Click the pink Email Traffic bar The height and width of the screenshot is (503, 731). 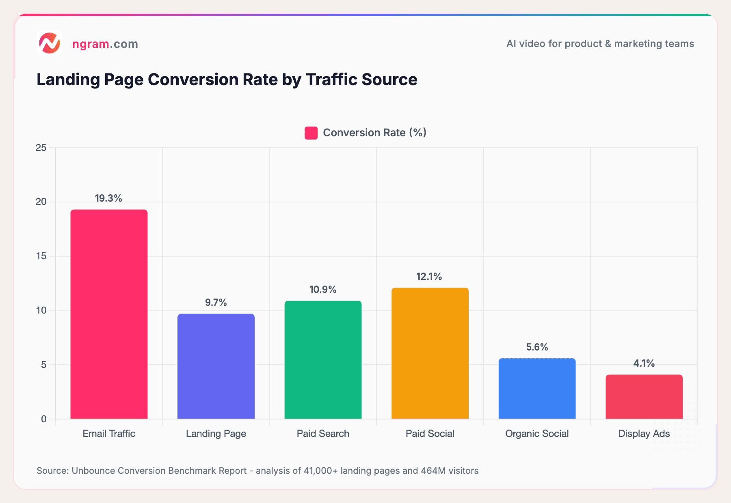click(109, 314)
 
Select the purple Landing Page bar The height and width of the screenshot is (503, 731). click(216, 366)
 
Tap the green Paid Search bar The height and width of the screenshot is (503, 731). click(323, 359)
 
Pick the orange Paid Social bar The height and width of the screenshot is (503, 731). click(430, 353)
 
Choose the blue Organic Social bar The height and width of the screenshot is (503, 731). click(537, 388)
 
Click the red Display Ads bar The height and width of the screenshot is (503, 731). click(644, 396)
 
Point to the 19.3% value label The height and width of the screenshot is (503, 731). click(108, 198)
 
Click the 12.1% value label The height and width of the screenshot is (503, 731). click(429, 277)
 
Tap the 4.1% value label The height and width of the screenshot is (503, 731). click(644, 363)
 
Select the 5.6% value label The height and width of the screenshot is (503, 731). click(537, 347)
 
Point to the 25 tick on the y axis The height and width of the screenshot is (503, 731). click(41, 148)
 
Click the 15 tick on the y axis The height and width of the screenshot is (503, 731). click(41, 256)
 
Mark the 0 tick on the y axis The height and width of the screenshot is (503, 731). click(44, 419)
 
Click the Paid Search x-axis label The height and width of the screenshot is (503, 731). click(323, 434)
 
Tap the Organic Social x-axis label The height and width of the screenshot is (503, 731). click(537, 434)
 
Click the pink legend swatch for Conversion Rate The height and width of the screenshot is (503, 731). click(311, 133)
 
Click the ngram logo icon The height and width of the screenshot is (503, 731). click(50, 43)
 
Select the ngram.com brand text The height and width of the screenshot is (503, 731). click(105, 44)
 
